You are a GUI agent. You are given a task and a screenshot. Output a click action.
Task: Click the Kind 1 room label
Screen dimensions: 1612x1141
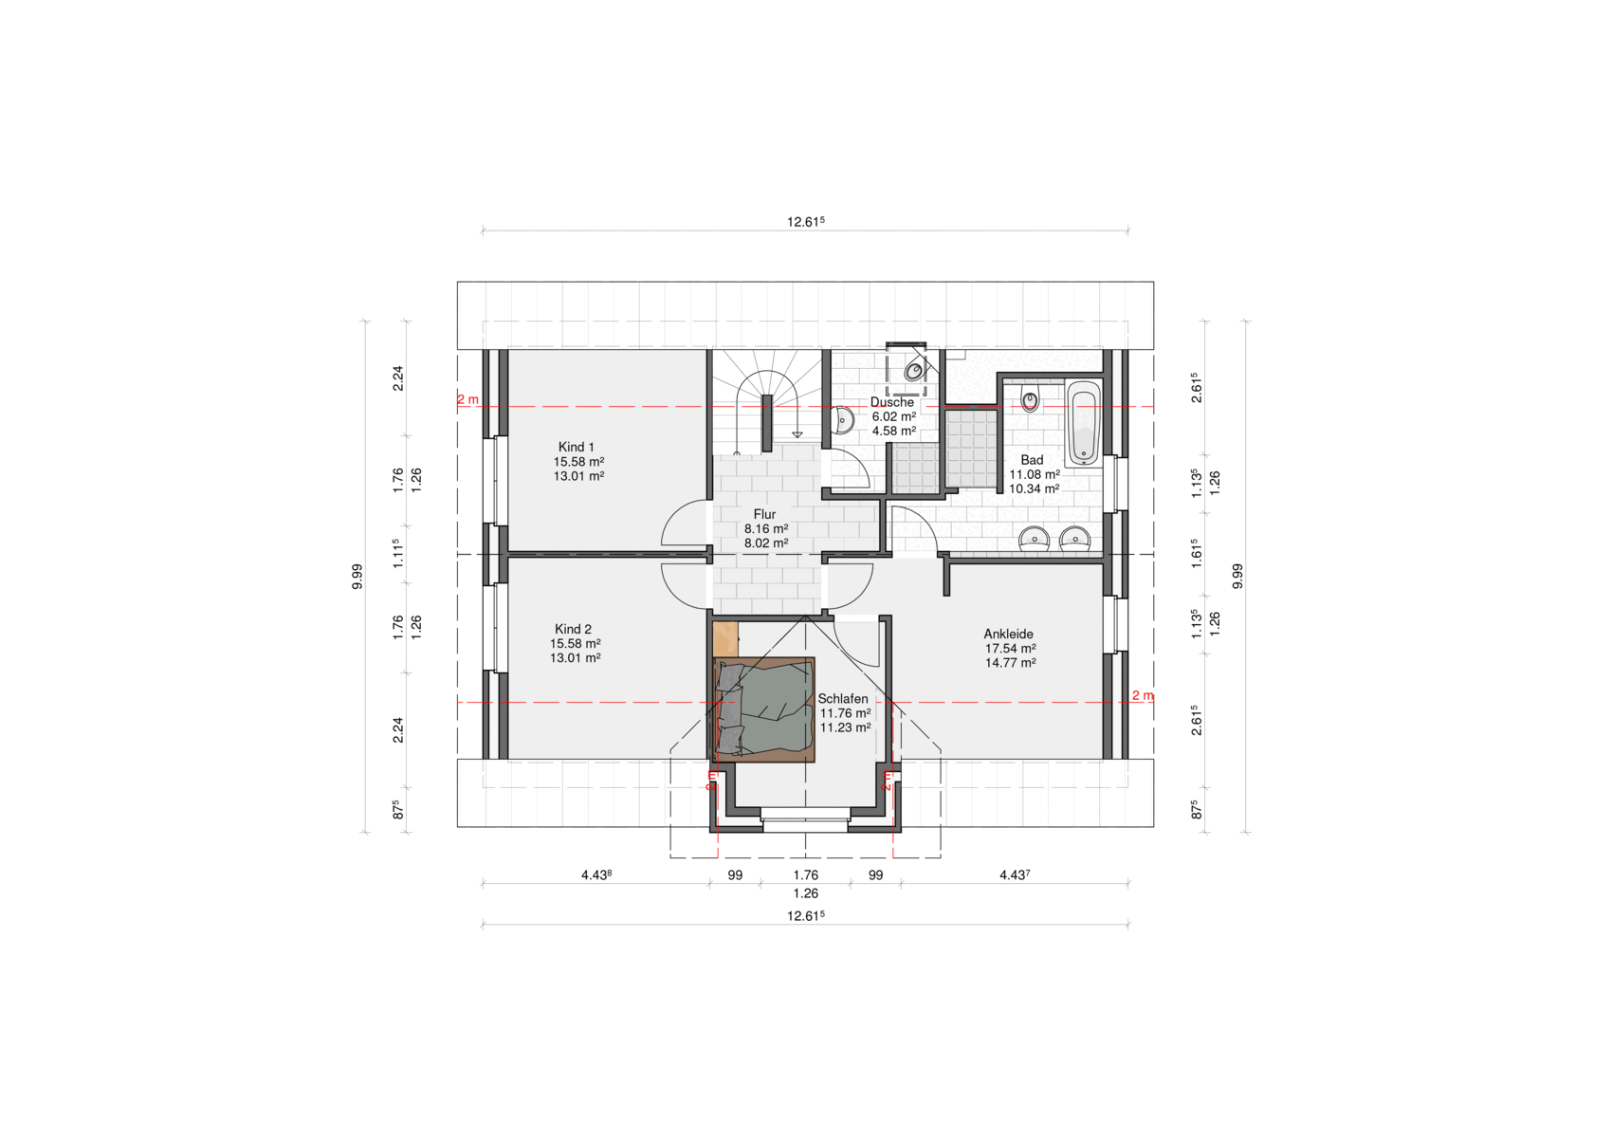coord(577,447)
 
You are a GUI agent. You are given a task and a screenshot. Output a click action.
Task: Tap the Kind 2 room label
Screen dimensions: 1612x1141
coord(573,629)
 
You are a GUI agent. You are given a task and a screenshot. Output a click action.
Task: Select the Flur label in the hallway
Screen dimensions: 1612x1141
coord(764,515)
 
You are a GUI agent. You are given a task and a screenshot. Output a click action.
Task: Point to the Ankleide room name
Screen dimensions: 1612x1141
coord(1008,635)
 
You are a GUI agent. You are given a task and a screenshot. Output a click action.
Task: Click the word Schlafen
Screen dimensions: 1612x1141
coord(843,699)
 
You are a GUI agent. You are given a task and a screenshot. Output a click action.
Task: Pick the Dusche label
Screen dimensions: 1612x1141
coord(891,402)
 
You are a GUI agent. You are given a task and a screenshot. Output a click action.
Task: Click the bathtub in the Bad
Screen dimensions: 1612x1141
coord(1084,423)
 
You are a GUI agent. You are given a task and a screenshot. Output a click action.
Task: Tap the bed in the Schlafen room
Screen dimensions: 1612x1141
coord(763,709)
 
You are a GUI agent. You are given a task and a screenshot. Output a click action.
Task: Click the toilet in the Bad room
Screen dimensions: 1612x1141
coord(1031,400)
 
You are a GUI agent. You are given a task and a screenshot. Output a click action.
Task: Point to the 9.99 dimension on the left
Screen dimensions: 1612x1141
coord(357,577)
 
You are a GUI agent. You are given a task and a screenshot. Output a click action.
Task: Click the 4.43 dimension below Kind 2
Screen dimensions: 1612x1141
coord(595,875)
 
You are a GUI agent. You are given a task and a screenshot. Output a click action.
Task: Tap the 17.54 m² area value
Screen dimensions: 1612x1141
coord(1011,649)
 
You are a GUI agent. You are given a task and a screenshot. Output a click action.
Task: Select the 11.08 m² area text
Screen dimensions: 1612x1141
coord(1035,474)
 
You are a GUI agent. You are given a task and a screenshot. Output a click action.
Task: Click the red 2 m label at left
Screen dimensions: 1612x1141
coord(467,399)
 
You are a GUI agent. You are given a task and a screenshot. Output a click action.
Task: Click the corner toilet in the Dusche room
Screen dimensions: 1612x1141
coord(915,370)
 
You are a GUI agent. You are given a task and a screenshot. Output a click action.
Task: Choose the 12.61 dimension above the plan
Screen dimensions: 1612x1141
coord(805,222)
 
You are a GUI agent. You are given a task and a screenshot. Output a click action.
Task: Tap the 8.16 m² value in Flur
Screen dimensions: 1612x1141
coord(766,529)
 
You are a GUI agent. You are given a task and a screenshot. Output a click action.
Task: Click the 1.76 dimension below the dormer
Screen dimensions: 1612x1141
coord(805,875)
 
